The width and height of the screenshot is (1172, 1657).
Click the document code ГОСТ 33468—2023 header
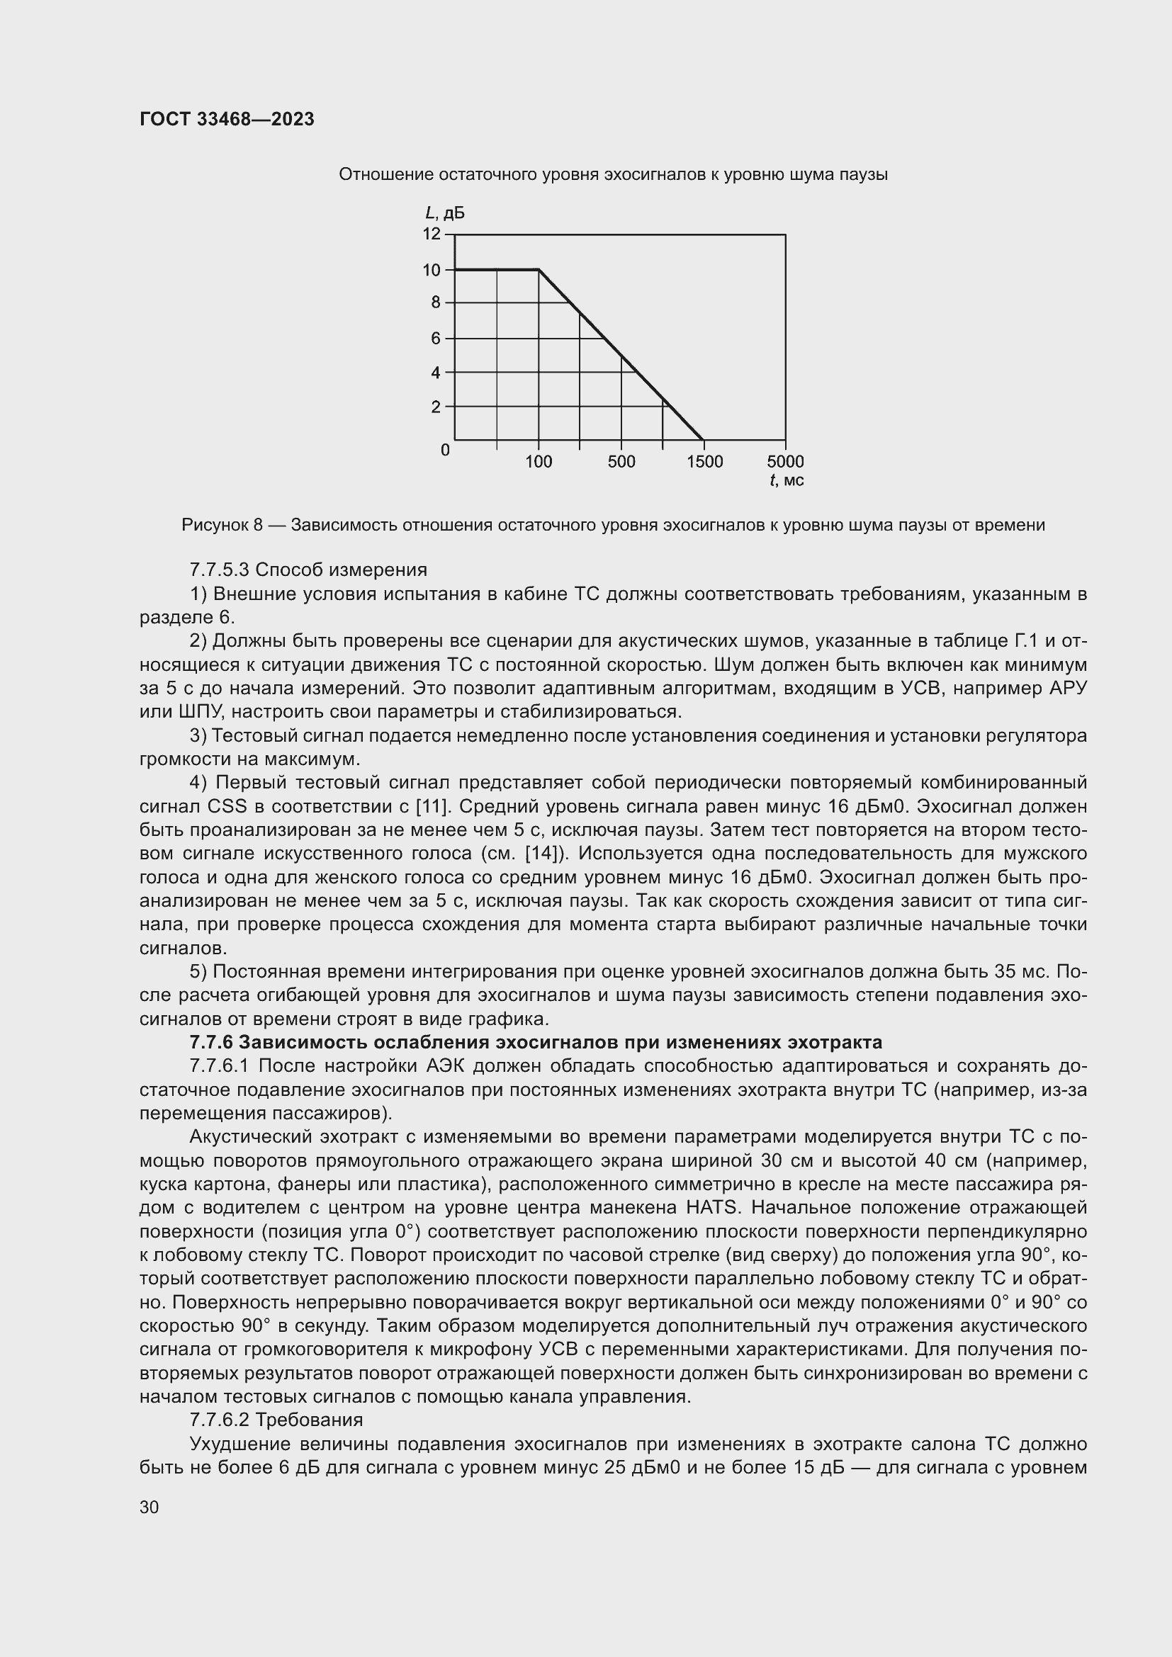[227, 120]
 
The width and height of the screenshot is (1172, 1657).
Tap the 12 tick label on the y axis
[432, 234]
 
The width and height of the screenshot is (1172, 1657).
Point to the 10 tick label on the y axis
[432, 270]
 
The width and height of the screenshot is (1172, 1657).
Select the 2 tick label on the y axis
[436, 407]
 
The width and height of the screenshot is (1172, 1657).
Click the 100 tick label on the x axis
[539, 462]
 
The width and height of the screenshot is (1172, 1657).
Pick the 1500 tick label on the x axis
[704, 462]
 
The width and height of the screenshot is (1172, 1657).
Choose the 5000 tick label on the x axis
[785, 462]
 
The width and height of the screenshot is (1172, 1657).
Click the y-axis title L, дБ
[444, 213]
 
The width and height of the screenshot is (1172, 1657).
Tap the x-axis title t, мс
[787, 480]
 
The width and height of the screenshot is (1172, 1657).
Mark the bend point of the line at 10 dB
[539, 269]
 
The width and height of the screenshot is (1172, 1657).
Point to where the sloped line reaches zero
[703, 439]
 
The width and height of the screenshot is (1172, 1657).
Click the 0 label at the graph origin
[445, 451]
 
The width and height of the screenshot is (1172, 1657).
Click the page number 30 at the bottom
[150, 1507]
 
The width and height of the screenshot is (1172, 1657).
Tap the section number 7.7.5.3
[220, 570]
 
